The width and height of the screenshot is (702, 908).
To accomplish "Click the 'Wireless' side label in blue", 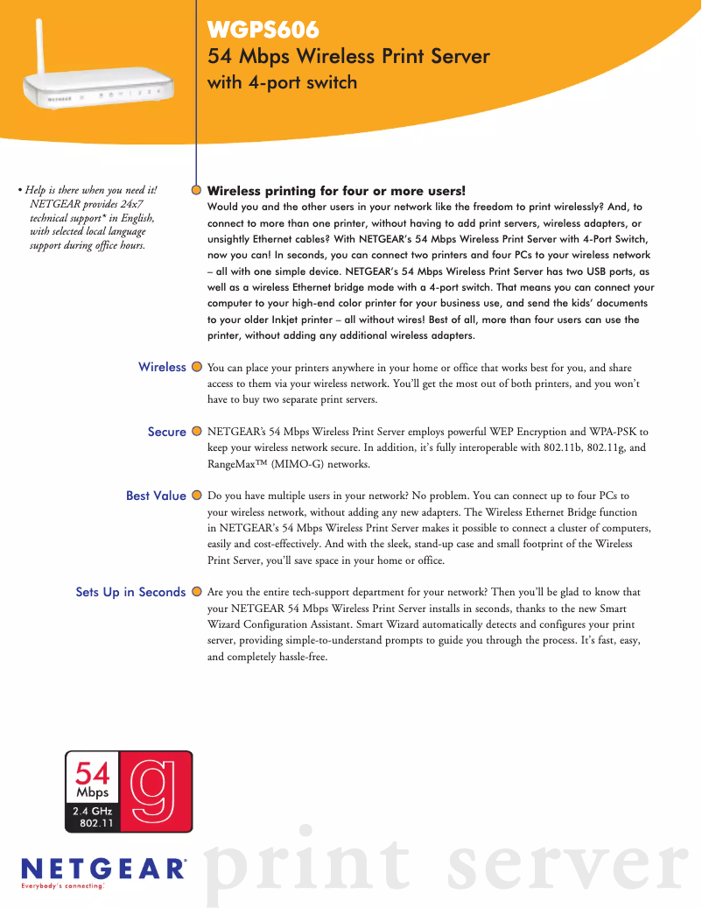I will click(162, 367).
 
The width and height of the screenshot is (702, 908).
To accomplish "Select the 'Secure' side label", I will click(166, 432).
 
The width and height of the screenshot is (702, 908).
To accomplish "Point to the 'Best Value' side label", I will click(156, 496).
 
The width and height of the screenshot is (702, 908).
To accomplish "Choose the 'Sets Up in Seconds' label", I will click(130, 592).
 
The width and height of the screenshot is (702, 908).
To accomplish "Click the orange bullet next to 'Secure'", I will click(198, 432).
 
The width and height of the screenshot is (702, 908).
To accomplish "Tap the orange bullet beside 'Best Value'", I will click(198, 496).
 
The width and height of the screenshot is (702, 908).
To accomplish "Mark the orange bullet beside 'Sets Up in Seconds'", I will click(198, 592).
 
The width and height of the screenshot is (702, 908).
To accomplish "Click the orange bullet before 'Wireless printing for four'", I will click(198, 189).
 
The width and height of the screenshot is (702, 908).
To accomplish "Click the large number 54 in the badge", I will click(93, 773).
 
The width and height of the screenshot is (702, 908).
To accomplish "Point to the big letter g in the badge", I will click(155, 789).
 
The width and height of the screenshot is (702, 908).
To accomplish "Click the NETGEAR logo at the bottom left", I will click(103, 869).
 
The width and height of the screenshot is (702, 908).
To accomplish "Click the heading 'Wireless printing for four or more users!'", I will click(336, 190).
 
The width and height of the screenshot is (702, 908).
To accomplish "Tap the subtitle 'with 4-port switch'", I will click(282, 83).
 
